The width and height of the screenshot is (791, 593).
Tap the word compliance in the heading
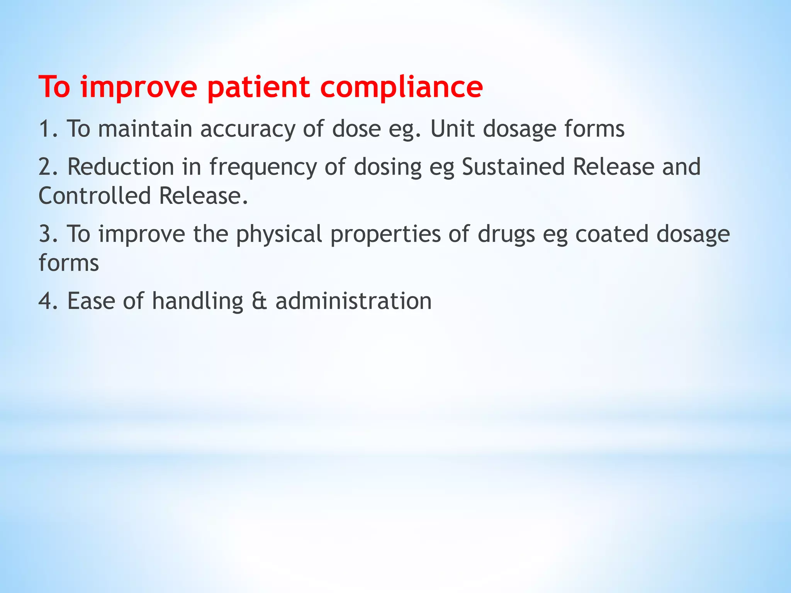pyautogui.click(x=401, y=87)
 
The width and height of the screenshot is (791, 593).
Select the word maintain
pyautogui.click(x=145, y=129)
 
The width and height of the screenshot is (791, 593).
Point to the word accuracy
pyautogui.click(x=248, y=129)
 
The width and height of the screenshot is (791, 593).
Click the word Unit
pyautogui.click(x=452, y=129)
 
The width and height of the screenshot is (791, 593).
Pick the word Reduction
pyautogui.click(x=121, y=167)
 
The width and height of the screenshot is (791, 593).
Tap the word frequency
pyautogui.click(x=263, y=168)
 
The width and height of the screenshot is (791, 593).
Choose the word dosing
pyautogui.click(x=388, y=168)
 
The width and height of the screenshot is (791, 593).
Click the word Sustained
pyautogui.click(x=513, y=167)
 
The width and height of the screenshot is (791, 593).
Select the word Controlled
pyautogui.click(x=95, y=196)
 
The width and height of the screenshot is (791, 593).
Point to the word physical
pyautogui.click(x=279, y=234)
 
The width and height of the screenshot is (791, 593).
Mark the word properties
pyautogui.click(x=385, y=234)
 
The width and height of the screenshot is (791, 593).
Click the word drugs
pyautogui.click(x=506, y=234)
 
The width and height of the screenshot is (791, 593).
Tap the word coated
pyautogui.click(x=612, y=234)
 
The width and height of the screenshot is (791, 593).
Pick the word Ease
pyautogui.click(x=91, y=301)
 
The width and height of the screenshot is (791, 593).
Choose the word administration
pyautogui.click(x=353, y=301)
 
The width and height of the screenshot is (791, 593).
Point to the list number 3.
pyautogui.click(x=46, y=234)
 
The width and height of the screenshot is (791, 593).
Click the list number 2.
pyautogui.click(x=46, y=167)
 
